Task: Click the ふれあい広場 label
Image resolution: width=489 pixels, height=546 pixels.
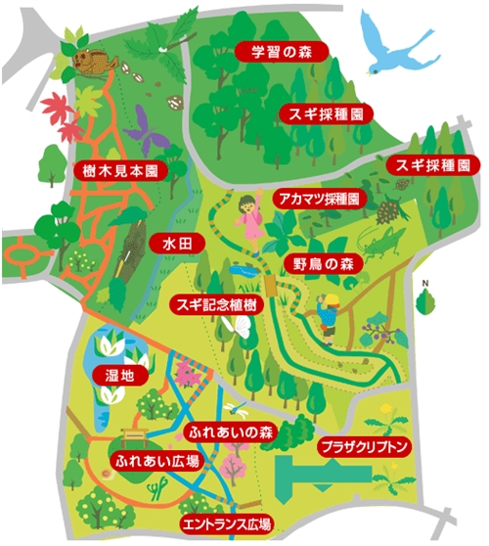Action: pyautogui.click(x=157, y=459)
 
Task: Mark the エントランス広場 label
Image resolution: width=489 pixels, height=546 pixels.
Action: pyautogui.click(x=226, y=523)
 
